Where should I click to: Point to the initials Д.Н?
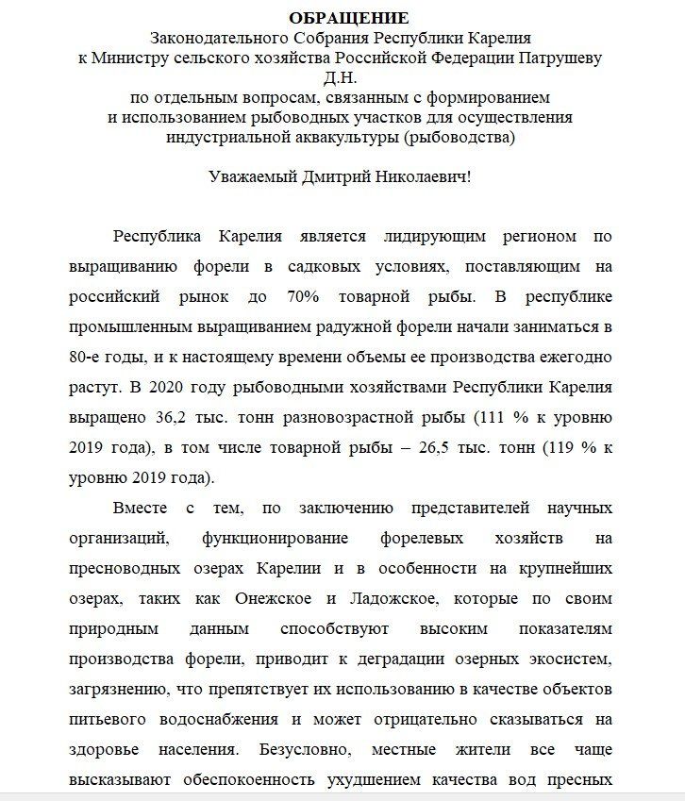click(x=342, y=76)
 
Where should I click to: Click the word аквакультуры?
click(x=336, y=137)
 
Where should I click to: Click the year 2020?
click(x=179, y=388)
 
